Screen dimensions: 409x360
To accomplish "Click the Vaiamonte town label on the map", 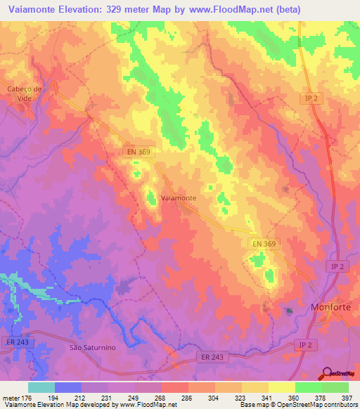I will click(179, 198).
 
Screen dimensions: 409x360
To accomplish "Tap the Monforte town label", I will click(330, 307).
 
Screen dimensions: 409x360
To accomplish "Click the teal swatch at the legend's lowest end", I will click(41, 387).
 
